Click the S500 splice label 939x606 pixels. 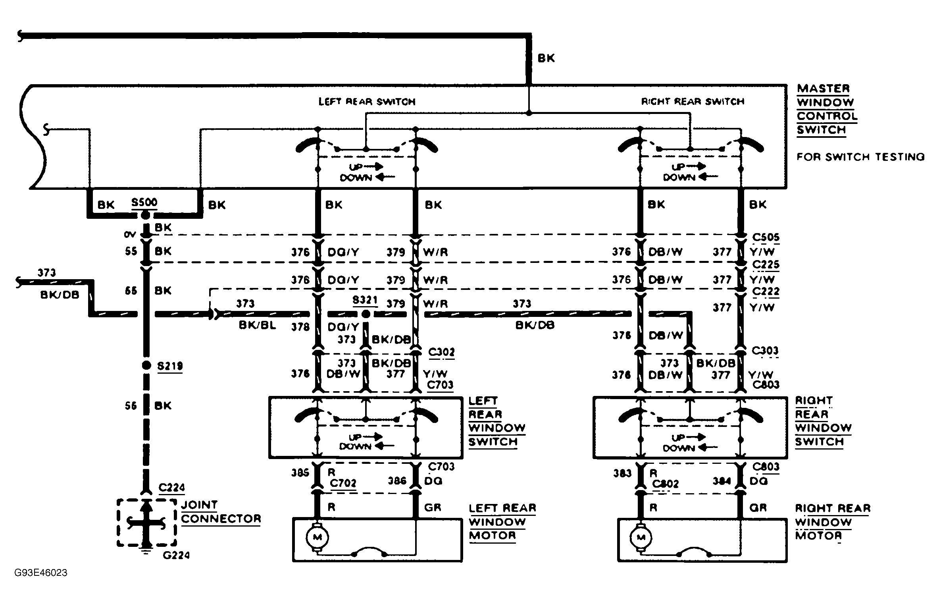(144, 203)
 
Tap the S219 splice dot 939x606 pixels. (146, 365)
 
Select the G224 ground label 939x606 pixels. (176, 555)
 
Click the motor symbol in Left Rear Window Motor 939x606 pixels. (317, 537)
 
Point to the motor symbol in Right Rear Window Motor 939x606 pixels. (641, 537)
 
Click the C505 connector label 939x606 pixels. (766, 237)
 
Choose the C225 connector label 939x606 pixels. (766, 264)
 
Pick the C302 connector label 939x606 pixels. (441, 352)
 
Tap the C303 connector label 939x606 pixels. (765, 351)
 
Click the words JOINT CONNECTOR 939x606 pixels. (221, 512)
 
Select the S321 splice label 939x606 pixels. (365, 300)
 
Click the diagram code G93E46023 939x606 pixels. (41, 573)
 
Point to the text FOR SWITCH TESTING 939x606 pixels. (860, 157)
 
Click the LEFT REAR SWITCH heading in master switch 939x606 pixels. (367, 102)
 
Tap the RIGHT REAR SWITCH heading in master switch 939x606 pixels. (693, 102)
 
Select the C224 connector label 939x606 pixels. (171, 488)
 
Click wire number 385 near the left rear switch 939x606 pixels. (300, 473)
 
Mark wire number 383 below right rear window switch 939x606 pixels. (622, 473)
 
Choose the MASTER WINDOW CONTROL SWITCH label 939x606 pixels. (826, 109)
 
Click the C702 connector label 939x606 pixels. (343, 483)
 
